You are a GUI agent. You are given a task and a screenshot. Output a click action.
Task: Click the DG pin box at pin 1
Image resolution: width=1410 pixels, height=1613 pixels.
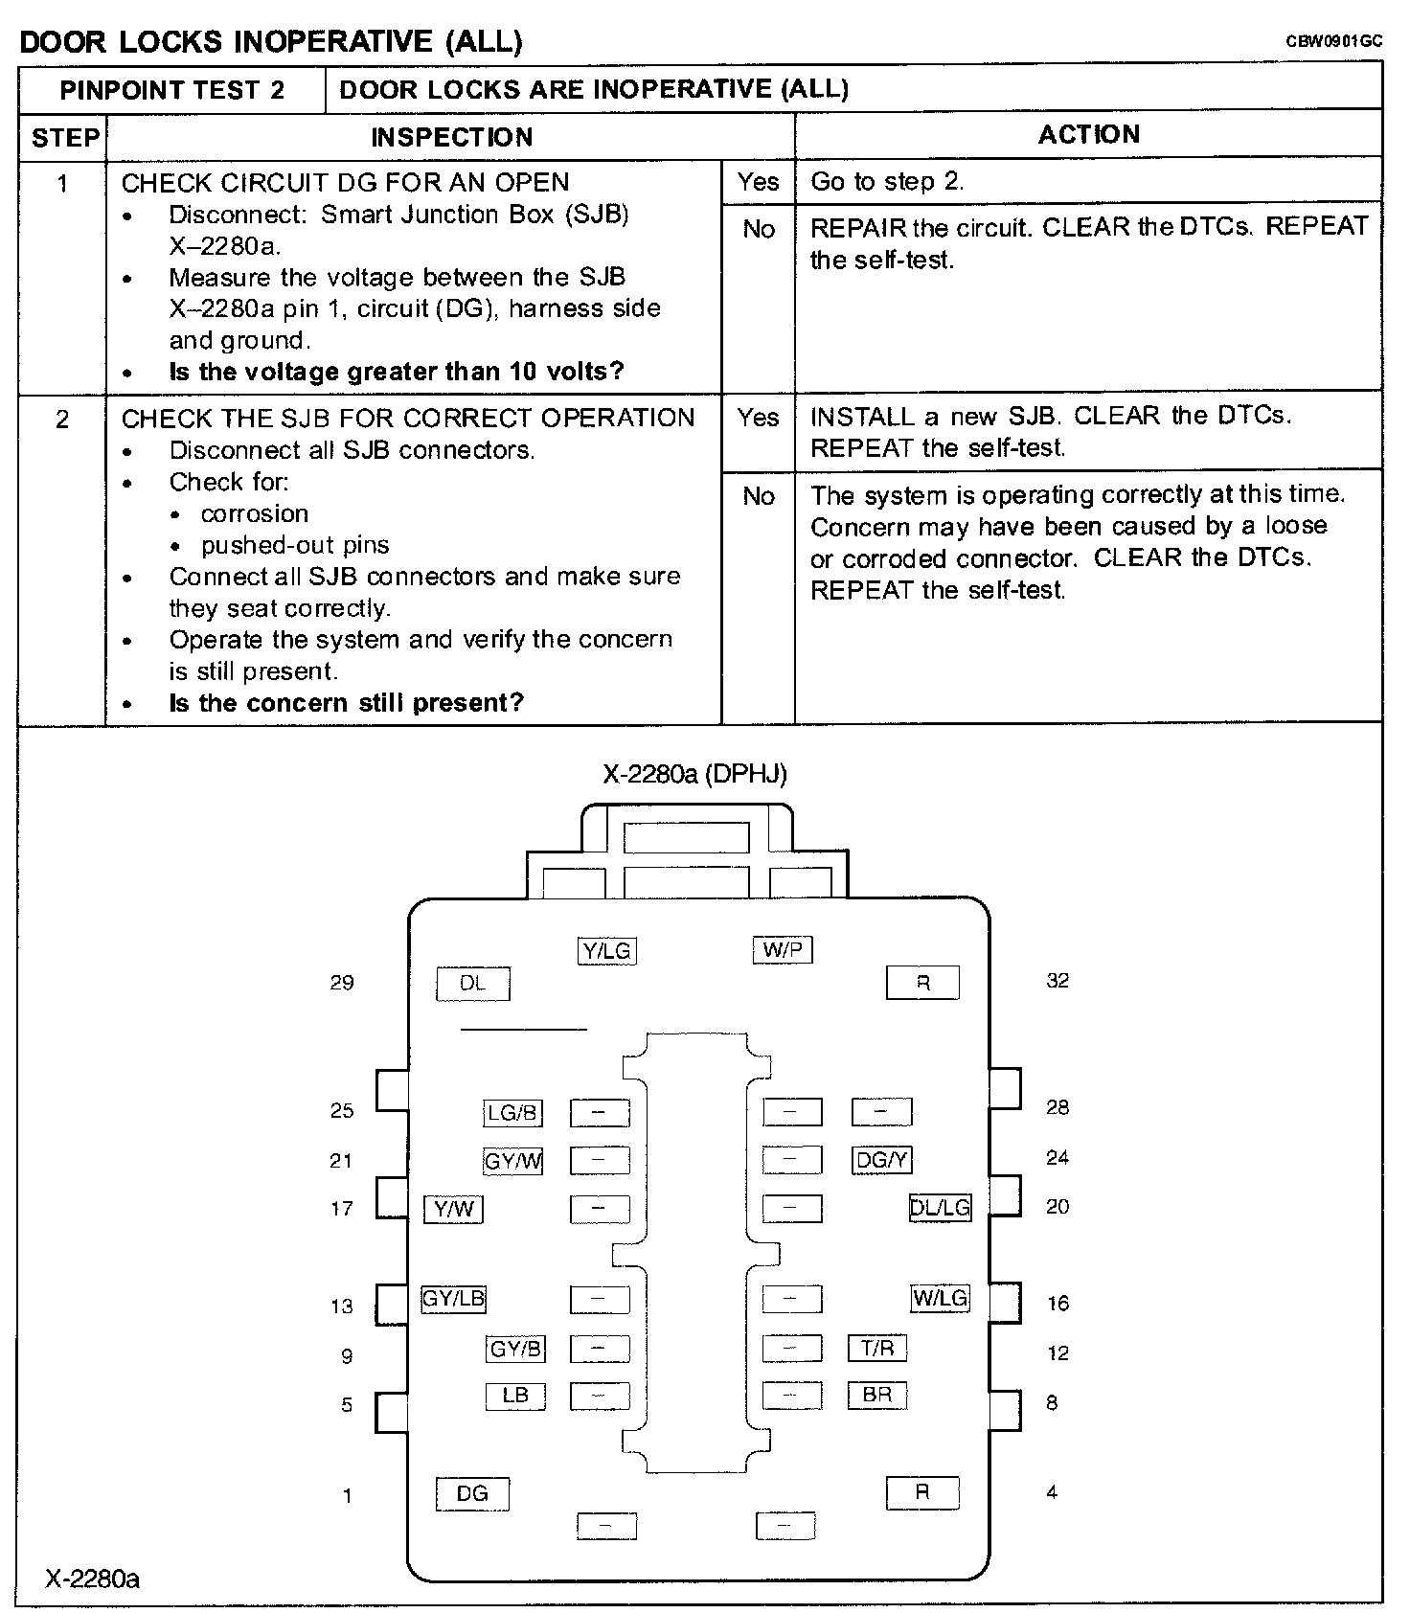[x=472, y=1493]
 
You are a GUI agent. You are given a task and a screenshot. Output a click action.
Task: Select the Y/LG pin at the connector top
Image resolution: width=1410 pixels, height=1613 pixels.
[x=607, y=950]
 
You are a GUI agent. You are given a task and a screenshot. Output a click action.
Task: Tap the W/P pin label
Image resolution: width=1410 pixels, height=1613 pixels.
[x=783, y=950]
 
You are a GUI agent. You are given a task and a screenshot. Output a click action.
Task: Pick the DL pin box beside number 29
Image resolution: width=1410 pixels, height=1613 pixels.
[x=472, y=984]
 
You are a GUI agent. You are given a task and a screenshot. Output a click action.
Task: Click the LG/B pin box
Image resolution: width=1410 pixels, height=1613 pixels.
[x=512, y=1112]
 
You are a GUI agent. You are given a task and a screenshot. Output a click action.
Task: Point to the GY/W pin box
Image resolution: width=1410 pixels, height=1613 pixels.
[x=513, y=1161]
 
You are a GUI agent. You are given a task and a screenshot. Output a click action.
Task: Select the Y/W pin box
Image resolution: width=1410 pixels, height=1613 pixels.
[x=454, y=1209]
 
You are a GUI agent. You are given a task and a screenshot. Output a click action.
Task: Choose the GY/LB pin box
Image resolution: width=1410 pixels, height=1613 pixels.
[x=454, y=1299]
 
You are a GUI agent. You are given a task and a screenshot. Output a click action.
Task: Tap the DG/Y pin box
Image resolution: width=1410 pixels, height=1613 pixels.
[x=881, y=1160]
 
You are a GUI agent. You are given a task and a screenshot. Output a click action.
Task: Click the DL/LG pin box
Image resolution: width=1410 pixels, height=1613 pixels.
[x=940, y=1208]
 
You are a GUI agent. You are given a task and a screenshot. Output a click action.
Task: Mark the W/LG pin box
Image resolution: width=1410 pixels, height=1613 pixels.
[x=940, y=1299]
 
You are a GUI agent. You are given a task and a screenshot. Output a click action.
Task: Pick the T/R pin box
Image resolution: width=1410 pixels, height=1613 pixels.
[x=877, y=1349]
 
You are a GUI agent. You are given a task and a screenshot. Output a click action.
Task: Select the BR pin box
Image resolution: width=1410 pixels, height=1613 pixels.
[x=877, y=1395]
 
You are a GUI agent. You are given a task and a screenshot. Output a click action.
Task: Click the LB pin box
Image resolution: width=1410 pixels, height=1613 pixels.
[x=515, y=1396]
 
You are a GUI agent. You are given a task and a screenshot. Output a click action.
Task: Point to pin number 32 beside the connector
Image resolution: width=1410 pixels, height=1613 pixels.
[x=1057, y=981]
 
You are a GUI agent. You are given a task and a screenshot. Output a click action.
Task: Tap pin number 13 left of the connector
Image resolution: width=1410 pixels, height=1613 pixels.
[x=342, y=1306]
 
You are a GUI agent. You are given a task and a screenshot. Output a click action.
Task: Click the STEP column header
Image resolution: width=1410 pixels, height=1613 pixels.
[x=64, y=138]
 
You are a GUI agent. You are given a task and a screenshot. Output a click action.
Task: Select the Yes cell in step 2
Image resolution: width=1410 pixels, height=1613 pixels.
[x=758, y=418]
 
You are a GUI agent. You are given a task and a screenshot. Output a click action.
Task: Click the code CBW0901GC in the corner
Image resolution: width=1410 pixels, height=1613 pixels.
[x=1334, y=41]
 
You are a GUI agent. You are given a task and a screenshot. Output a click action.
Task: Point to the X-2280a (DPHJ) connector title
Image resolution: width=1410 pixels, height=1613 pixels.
[x=694, y=774]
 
